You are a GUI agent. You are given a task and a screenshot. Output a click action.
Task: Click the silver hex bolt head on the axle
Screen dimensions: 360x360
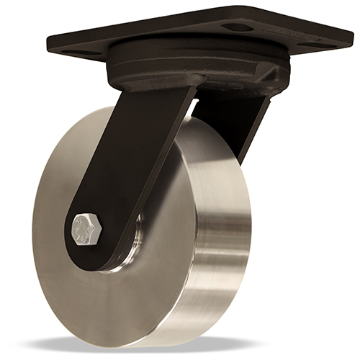[87, 230]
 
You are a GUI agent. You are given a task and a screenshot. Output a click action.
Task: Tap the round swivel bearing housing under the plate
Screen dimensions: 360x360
[187, 68]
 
